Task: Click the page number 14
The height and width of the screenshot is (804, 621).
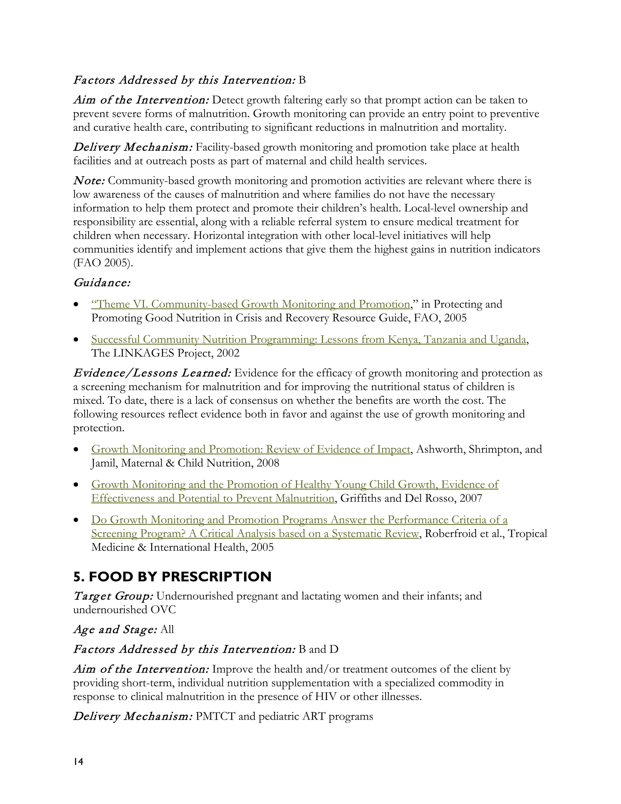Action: pyautogui.click(x=78, y=762)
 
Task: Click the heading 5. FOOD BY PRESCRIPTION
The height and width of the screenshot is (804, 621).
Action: pyautogui.click(x=172, y=576)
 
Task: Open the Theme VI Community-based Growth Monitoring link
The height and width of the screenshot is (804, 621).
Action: pyautogui.click(x=250, y=304)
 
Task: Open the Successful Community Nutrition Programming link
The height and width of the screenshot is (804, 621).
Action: pyautogui.click(x=308, y=339)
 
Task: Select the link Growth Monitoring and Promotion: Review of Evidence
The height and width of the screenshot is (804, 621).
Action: pyautogui.click(x=250, y=449)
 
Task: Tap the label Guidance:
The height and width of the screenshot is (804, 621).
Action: pyautogui.click(x=102, y=283)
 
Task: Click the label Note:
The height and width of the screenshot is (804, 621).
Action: pyautogui.click(x=89, y=181)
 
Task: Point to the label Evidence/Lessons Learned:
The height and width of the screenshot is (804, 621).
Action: pyautogui.click(x=152, y=373)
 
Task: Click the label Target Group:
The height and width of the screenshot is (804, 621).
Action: pyautogui.click(x=113, y=596)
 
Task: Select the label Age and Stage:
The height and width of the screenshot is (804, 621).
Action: pyautogui.click(x=115, y=629)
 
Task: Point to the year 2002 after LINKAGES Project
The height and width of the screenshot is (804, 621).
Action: pyautogui.click(x=228, y=353)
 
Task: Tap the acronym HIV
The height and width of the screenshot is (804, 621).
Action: pyautogui.click(x=324, y=697)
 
